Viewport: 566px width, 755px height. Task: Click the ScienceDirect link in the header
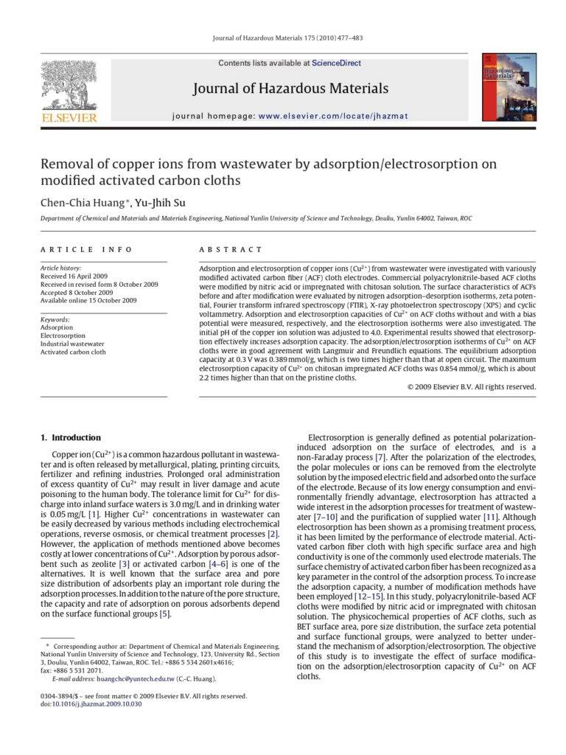click(x=336, y=63)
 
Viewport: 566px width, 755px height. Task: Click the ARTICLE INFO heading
click(x=86, y=250)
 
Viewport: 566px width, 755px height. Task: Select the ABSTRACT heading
click(x=231, y=250)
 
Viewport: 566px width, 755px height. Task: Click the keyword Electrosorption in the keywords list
click(x=63, y=335)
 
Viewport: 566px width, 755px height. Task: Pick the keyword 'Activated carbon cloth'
click(x=73, y=352)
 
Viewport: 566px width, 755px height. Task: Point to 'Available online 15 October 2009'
click(x=88, y=300)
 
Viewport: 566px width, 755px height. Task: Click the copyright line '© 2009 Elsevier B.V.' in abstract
click(x=472, y=386)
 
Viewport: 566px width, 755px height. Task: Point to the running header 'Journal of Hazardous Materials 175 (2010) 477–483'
click(x=287, y=38)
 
